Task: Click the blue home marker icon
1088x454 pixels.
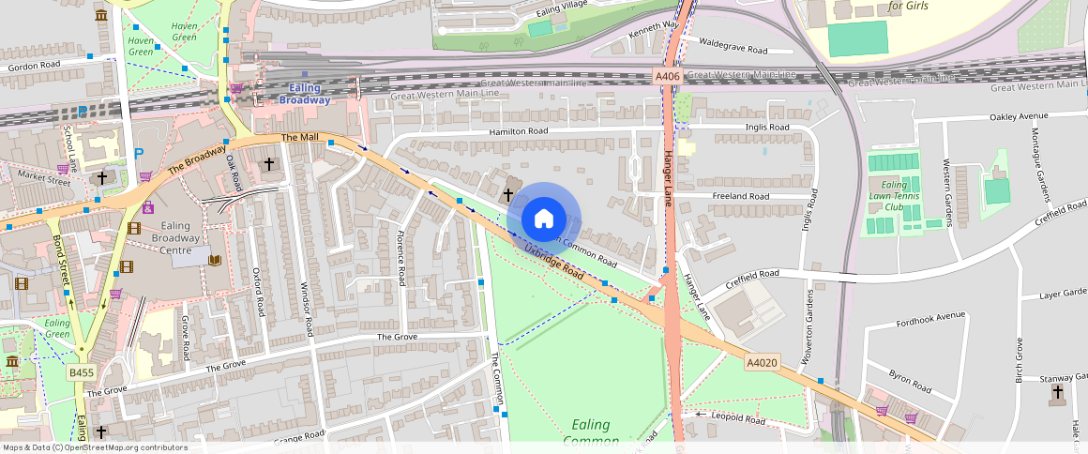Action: (x=543, y=219)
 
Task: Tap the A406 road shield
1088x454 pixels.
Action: (x=667, y=76)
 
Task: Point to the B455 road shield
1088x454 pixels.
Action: (x=81, y=372)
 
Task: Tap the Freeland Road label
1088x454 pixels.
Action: (x=741, y=196)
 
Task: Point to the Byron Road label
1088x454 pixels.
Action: (x=909, y=381)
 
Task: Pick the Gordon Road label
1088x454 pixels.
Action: (x=34, y=66)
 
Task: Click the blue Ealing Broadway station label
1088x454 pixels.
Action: (x=305, y=93)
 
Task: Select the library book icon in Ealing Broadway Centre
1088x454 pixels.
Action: (x=215, y=260)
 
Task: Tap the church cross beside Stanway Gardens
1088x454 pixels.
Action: (x=1058, y=391)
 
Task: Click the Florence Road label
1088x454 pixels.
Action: (x=400, y=258)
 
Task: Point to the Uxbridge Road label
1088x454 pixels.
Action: (x=555, y=263)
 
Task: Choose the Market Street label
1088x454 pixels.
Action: (x=44, y=181)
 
